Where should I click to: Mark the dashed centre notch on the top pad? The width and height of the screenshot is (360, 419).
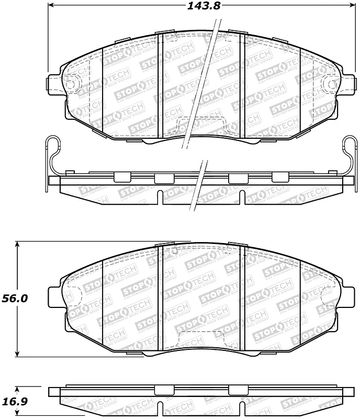201,125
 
